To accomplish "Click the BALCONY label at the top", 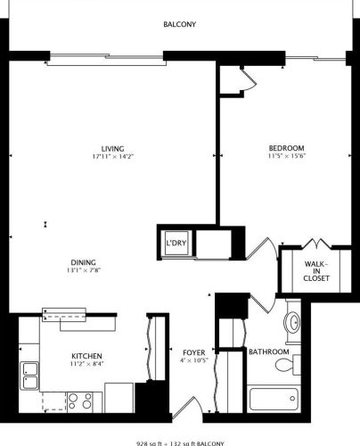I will (x=179, y=25).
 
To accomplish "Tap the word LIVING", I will (x=112, y=148).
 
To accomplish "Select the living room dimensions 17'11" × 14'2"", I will (x=112, y=157).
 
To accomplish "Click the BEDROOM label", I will (x=287, y=148).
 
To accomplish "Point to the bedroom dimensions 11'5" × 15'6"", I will (x=287, y=157).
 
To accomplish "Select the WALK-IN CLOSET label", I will (x=316, y=271).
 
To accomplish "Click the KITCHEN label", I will (x=86, y=354).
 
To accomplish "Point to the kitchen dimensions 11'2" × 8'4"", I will (x=86, y=363).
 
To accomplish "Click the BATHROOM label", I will (x=266, y=351).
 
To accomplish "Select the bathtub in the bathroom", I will (x=271, y=399).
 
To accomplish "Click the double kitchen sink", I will (x=30, y=375).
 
